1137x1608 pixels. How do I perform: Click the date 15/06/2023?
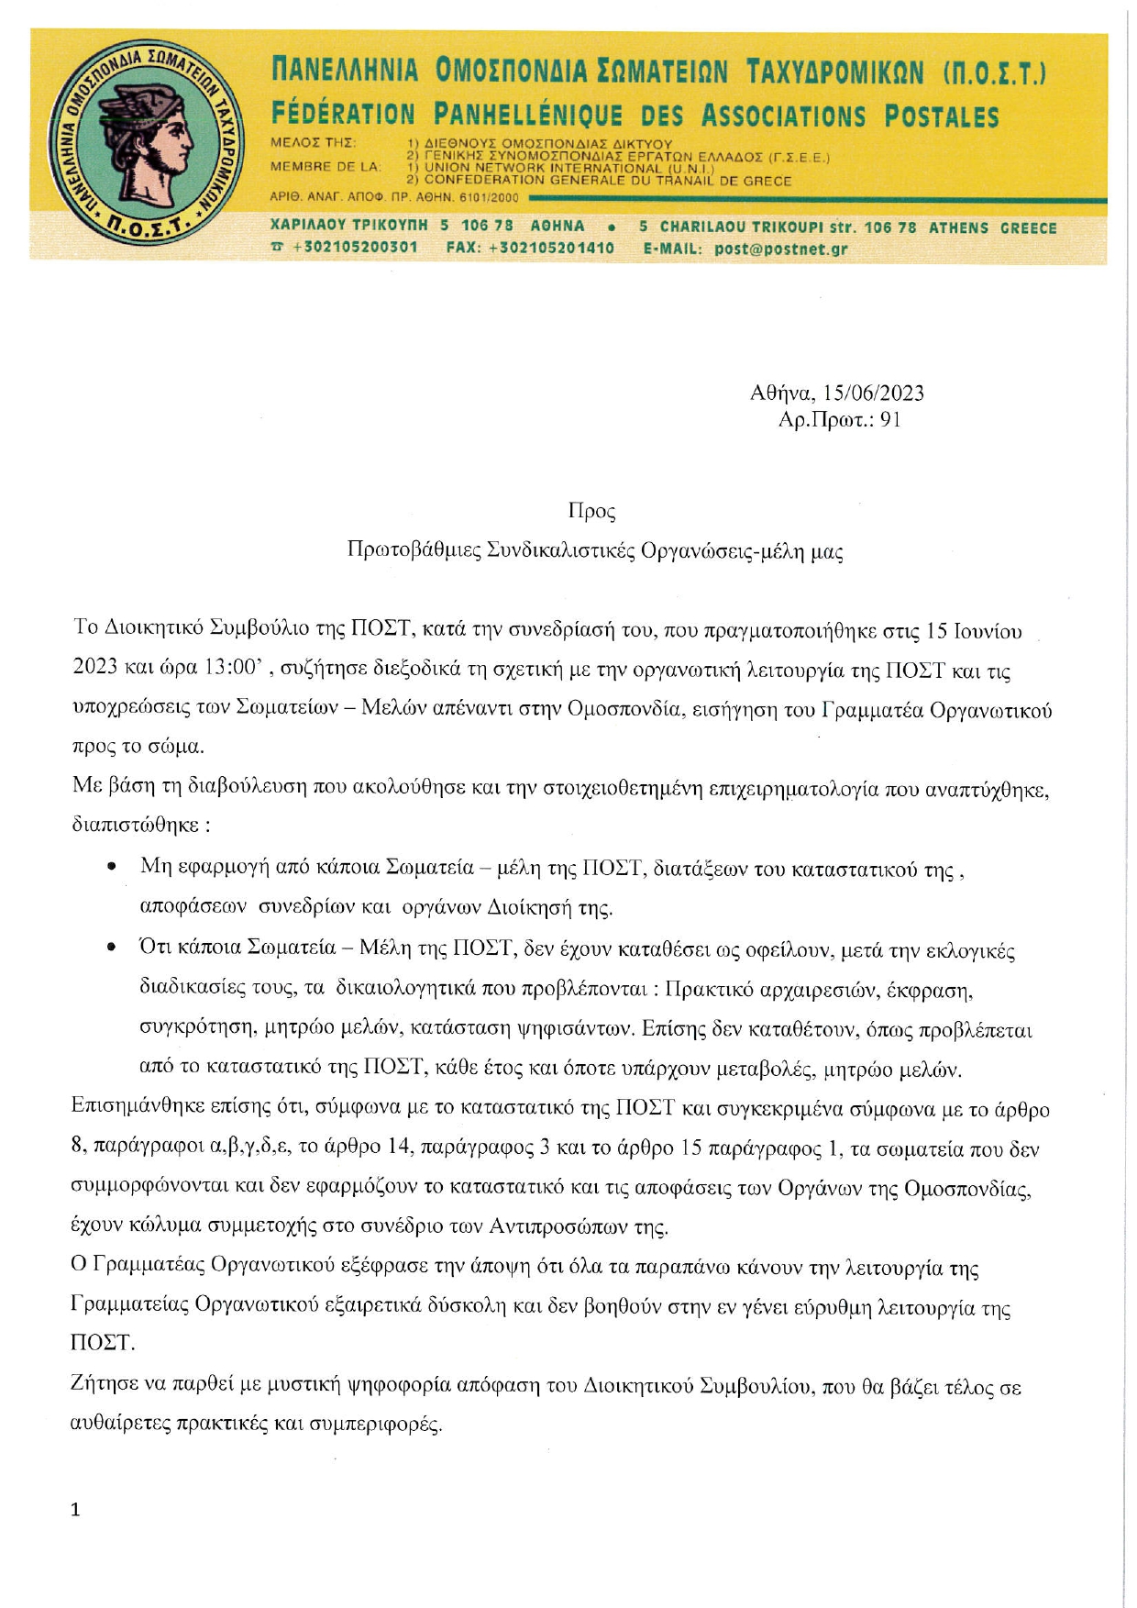(x=873, y=394)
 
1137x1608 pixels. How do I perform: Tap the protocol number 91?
(x=890, y=420)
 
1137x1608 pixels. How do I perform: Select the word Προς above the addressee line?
(x=591, y=511)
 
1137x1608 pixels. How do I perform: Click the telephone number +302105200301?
(x=354, y=249)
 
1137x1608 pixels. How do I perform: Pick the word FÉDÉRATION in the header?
(x=343, y=116)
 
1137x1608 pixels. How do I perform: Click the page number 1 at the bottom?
(x=75, y=1510)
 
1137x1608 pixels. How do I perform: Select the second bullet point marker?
(x=111, y=947)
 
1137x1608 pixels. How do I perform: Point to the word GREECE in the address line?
(x=1028, y=227)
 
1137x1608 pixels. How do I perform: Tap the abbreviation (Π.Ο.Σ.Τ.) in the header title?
(x=994, y=72)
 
